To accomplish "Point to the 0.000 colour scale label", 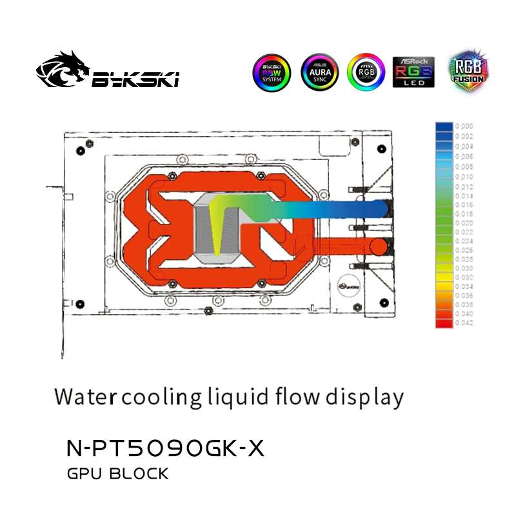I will pos(464,126).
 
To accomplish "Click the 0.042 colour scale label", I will pos(464,322).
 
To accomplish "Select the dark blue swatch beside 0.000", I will pos(444,126).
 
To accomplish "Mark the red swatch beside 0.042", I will pos(444,322).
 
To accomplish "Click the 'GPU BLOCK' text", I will pos(117,475).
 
